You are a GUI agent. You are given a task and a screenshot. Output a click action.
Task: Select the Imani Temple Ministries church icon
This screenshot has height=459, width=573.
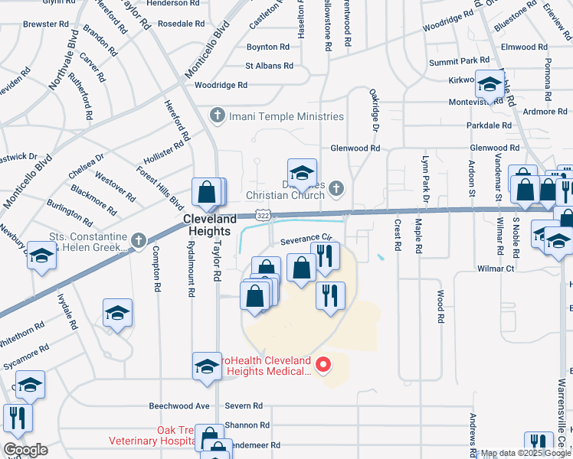[x=217, y=116]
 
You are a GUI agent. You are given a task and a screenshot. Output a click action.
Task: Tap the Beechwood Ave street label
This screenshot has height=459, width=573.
[x=181, y=406]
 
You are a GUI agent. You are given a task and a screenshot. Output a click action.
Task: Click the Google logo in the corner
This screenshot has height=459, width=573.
[x=25, y=450]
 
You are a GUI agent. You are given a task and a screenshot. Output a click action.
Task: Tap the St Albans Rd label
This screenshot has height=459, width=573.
[x=269, y=67]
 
